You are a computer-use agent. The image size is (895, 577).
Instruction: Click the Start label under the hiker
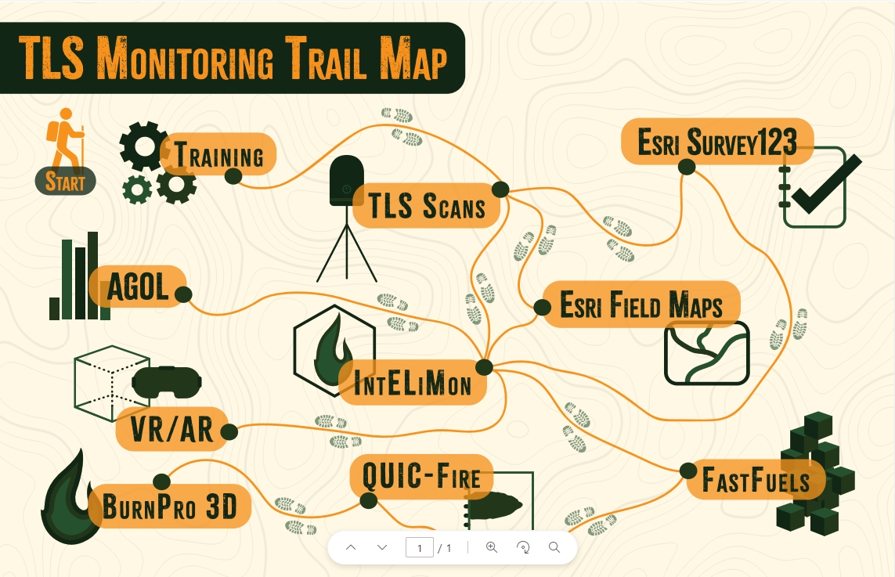pyautogui.click(x=65, y=182)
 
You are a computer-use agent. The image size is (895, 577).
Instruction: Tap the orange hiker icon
pyautogui.click(x=66, y=136)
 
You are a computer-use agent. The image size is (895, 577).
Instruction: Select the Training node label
pyautogui.click(x=218, y=154)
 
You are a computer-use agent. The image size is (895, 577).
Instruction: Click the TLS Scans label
pyautogui.click(x=427, y=207)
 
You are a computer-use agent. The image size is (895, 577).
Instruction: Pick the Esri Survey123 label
pyautogui.click(x=716, y=142)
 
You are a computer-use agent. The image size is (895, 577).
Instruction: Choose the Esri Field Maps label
pyautogui.click(x=641, y=305)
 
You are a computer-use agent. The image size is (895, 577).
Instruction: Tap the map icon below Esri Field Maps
pyautogui.click(x=707, y=353)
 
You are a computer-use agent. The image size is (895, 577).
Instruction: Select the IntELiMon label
pyautogui.click(x=413, y=384)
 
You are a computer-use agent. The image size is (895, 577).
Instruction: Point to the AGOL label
pyautogui.click(x=138, y=287)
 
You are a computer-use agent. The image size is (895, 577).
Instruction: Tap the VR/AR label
pyautogui.click(x=171, y=429)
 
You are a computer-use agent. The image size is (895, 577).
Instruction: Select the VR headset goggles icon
pyautogui.click(x=167, y=382)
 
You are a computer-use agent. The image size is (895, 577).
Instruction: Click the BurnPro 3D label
pyautogui.click(x=169, y=507)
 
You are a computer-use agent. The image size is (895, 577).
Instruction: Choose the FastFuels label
pyautogui.click(x=756, y=479)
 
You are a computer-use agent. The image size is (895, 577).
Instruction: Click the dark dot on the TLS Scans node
pyautogui.click(x=500, y=189)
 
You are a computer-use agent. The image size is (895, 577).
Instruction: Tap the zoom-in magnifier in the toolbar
pyautogui.click(x=492, y=547)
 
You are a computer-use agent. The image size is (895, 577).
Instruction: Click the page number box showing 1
pyautogui.click(x=420, y=547)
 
